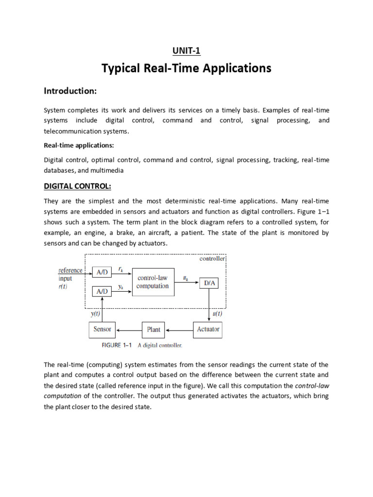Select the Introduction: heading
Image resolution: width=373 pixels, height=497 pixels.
pos(70,91)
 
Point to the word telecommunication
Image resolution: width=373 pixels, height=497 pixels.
pos(71,131)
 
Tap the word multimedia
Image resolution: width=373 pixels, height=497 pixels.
pos(110,170)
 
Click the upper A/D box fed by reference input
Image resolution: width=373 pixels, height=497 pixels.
pos(102,272)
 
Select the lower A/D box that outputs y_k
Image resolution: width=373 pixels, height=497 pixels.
pos(102,292)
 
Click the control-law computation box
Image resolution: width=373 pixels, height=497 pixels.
pos(153,282)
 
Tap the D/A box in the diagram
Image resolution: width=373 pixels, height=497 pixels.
pos(209,282)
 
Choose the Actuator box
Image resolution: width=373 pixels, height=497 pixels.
pos(208,330)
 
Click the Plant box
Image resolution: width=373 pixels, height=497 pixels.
pos(153,330)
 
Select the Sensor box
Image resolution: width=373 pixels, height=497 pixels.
pos(102,330)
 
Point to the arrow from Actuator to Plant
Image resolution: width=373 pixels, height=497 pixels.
pos(179,330)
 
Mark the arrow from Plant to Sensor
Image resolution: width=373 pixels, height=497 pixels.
pos(128,330)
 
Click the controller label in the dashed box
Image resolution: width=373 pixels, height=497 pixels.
pos(212,259)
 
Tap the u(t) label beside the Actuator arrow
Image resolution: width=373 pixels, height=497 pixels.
pos(218,314)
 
